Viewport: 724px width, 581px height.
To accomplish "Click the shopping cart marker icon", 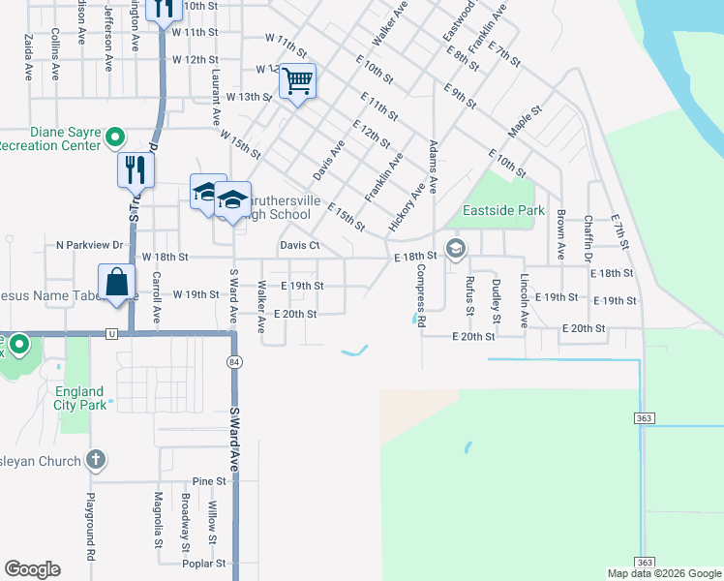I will (x=298, y=80).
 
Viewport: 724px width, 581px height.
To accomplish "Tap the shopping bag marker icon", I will (x=116, y=282).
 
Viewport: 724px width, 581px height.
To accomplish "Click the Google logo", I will (x=32, y=569).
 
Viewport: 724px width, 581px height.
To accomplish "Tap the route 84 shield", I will (x=234, y=361).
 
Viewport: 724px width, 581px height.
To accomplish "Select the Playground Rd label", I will (x=88, y=528).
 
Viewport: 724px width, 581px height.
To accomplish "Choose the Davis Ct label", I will (x=300, y=246).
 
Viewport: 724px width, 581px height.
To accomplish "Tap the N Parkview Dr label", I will (x=90, y=246).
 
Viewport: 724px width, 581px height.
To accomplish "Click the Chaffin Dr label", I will (x=588, y=237).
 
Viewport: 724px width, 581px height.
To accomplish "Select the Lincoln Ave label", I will (x=524, y=301).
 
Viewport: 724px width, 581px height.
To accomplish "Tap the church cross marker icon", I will (x=95, y=460).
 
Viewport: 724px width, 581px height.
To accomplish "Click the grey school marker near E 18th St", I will (x=456, y=249).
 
